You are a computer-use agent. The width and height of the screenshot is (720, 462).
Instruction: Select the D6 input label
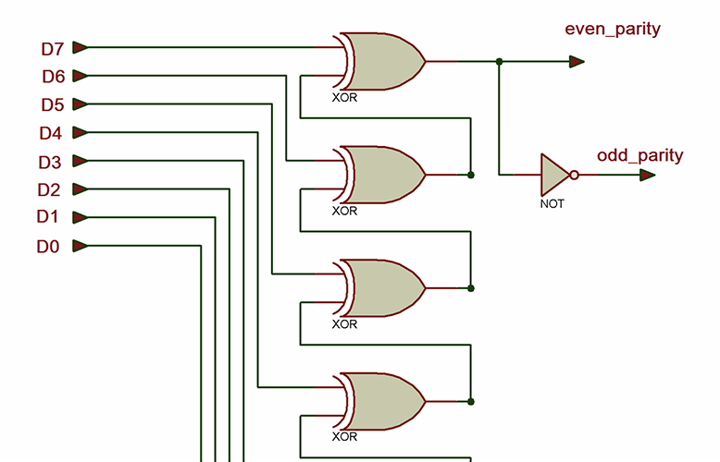click(x=53, y=76)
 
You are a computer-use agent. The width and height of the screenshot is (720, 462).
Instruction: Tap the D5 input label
click(x=53, y=104)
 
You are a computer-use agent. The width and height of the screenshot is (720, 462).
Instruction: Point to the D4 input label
click(x=51, y=133)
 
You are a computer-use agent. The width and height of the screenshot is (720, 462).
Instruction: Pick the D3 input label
click(x=50, y=163)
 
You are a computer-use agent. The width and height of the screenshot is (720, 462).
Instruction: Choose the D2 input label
click(x=49, y=190)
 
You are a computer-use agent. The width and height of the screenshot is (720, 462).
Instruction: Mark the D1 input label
click(x=48, y=217)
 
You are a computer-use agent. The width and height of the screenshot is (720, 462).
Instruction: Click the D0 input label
click(x=48, y=247)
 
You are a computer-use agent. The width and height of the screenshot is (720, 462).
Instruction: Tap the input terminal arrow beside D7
click(x=81, y=47)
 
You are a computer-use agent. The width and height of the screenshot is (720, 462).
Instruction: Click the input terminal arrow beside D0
click(x=81, y=246)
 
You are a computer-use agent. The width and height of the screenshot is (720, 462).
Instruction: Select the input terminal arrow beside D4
click(x=81, y=132)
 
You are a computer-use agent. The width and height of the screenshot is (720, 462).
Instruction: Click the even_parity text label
click(x=613, y=30)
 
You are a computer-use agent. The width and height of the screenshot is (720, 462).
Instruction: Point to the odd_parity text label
click(x=639, y=155)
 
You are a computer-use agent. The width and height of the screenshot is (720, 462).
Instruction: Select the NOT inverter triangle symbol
click(x=554, y=174)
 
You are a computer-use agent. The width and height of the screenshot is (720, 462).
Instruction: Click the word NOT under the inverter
click(x=552, y=203)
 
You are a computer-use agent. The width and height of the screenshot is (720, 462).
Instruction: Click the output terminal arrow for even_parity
click(x=577, y=62)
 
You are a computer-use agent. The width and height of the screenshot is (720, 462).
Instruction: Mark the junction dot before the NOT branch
click(x=500, y=62)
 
